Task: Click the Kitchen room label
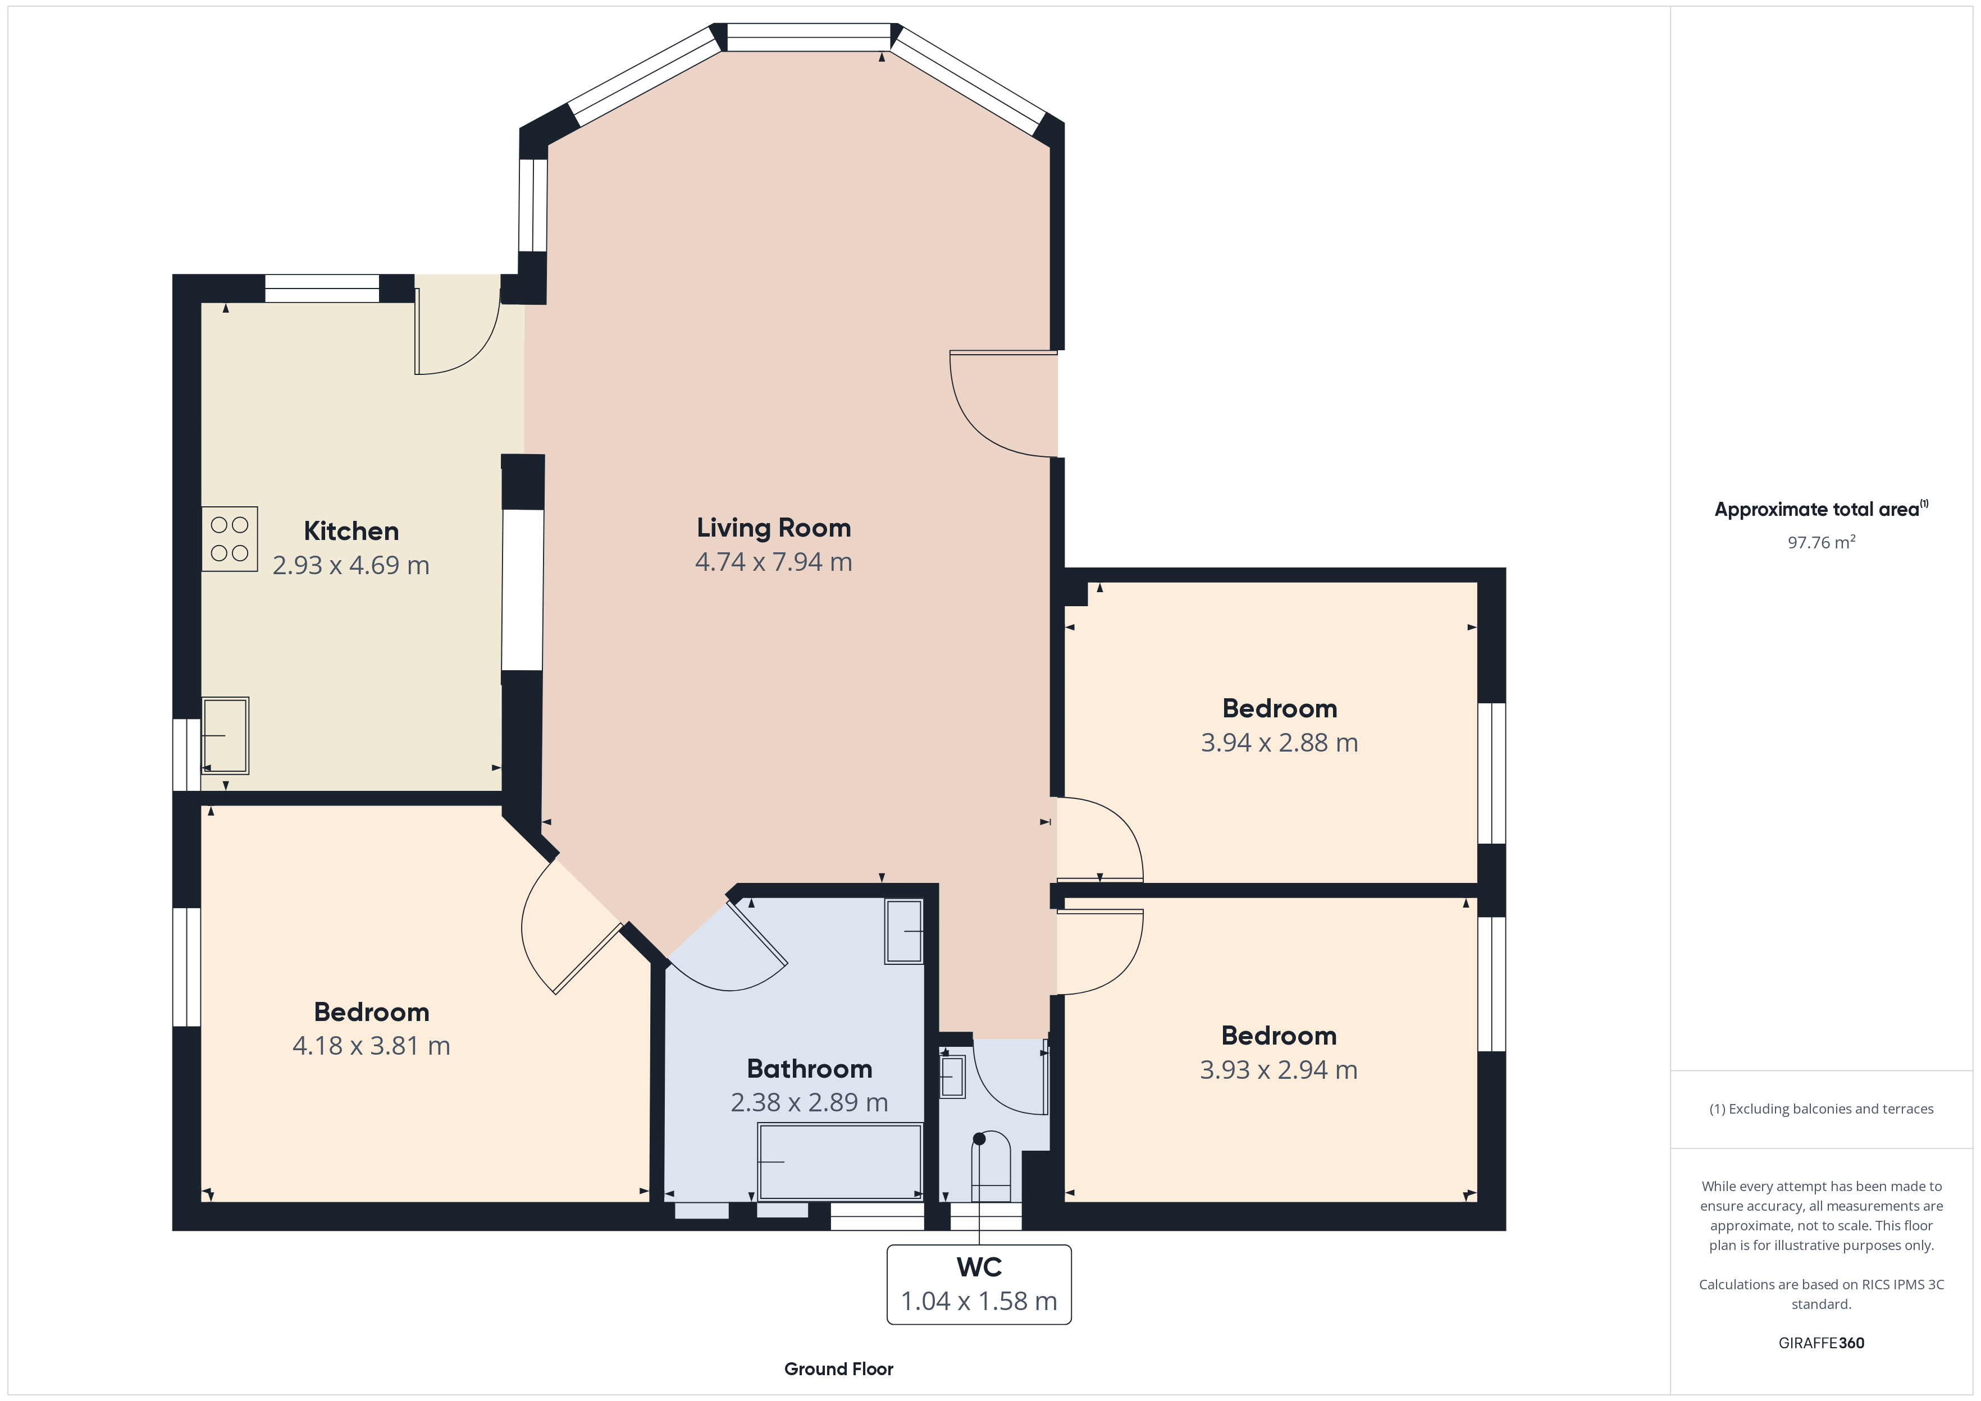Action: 351,530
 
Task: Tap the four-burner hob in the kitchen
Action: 230,538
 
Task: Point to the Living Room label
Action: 774,527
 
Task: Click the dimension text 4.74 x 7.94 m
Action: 774,562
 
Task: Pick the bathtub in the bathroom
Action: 839,1161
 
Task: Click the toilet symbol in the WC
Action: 990,1166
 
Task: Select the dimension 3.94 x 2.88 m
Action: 1280,743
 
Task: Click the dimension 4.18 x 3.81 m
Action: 371,1046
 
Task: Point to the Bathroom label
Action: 809,1069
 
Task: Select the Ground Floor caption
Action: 839,1369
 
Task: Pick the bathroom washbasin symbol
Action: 903,932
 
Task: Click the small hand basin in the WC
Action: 952,1077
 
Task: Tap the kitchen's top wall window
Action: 322,288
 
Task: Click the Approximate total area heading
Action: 1822,509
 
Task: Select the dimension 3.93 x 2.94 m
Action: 1279,1070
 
